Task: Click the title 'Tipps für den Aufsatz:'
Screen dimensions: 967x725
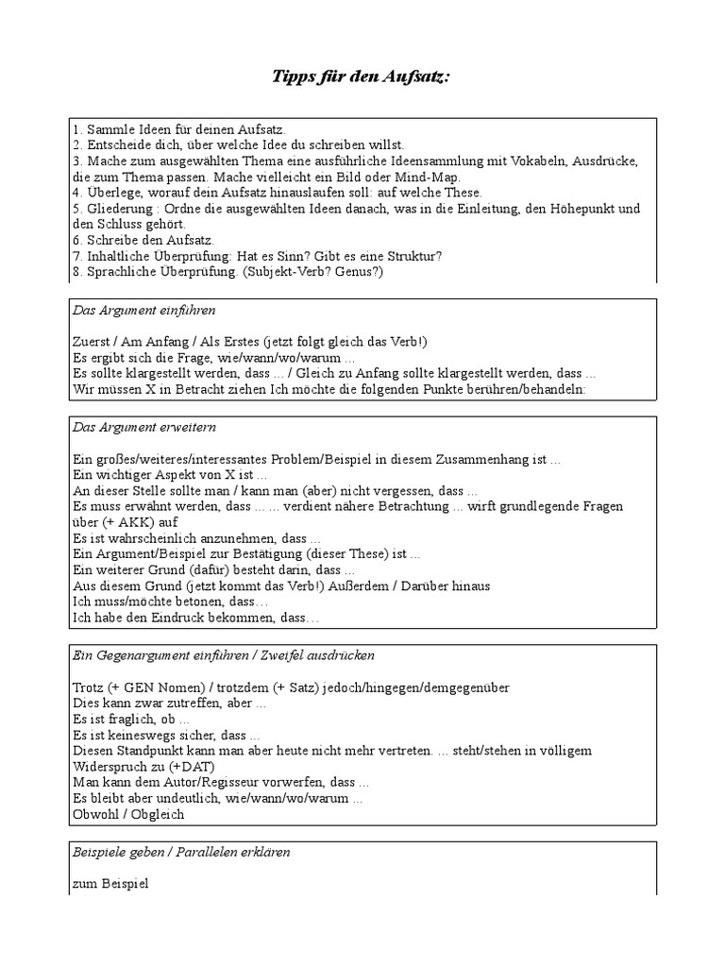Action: coord(362,76)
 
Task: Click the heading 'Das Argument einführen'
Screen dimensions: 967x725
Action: coord(144,310)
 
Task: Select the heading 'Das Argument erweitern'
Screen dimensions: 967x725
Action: coord(144,428)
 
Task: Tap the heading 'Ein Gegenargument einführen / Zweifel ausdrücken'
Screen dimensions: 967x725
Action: coord(224,655)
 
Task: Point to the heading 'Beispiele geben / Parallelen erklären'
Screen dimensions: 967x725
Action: coord(181,852)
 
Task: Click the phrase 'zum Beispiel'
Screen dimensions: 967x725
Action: coord(110,884)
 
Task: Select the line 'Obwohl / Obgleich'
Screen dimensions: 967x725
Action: coord(127,814)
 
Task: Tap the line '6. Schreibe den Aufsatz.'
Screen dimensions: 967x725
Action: coord(143,241)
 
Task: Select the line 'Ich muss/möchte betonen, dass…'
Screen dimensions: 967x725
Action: coord(170,602)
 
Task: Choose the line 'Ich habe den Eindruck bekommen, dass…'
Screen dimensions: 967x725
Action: coord(195,618)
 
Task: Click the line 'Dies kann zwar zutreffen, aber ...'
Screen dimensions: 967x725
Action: coord(169,704)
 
